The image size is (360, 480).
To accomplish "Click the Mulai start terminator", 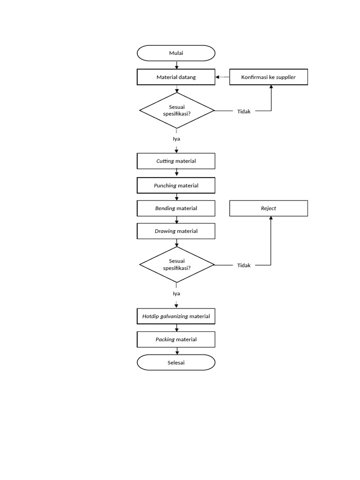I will point(176,53).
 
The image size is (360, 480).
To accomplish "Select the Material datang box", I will point(176,77).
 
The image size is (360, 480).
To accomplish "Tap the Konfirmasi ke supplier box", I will point(269,77).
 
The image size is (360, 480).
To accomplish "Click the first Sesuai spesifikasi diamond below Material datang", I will point(177,111).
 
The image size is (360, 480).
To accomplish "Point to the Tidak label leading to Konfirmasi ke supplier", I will point(244,111).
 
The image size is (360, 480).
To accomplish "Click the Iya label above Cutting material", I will point(176,139).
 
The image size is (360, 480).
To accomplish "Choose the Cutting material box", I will point(176,161).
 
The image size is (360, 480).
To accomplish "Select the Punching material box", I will point(176,186).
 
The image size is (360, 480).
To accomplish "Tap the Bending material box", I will point(176,208).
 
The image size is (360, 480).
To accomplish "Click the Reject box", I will point(269,208).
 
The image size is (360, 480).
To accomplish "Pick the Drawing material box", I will point(176,231).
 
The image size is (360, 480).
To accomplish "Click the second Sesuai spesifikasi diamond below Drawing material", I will point(177,265).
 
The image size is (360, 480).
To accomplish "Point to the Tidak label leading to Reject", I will point(244,265).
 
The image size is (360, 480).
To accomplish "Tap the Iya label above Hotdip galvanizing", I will point(176,293).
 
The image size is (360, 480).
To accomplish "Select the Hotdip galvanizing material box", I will point(176,316).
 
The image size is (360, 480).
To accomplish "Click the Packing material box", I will point(176,339).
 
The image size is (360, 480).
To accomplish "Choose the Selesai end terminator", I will point(176,362).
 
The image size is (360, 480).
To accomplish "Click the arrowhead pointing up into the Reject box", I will point(271,219).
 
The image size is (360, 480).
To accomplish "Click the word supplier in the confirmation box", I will point(286,77).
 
